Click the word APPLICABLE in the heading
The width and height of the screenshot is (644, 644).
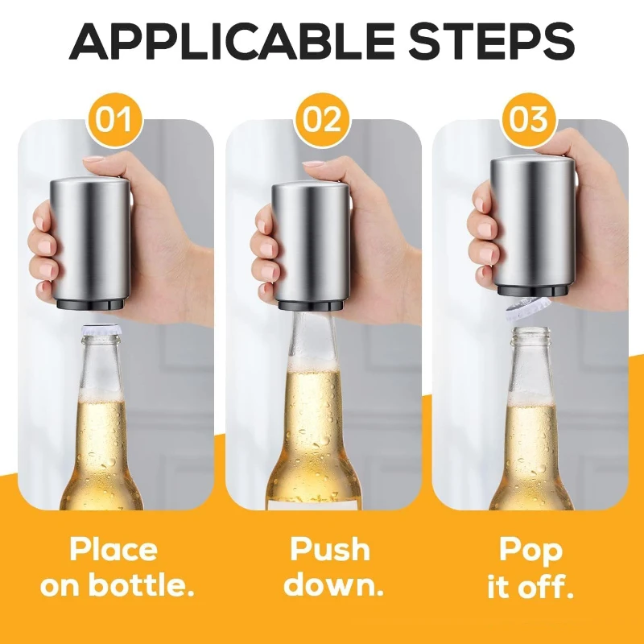coord(233,42)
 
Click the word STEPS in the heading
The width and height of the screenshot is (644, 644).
coord(492,42)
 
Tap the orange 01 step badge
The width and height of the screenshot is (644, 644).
coord(114,120)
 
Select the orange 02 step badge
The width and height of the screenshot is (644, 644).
coord(322,120)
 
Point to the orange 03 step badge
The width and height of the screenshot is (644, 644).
coord(529,120)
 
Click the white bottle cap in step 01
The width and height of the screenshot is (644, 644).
coord(101,330)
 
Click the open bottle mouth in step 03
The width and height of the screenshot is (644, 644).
coord(532,331)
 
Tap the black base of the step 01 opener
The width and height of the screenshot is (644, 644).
coord(90,304)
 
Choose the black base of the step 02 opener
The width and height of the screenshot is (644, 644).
coord(311,305)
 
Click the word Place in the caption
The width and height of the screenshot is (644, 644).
coord(114,551)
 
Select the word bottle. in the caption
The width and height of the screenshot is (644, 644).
coord(142,585)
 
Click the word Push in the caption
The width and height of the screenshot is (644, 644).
coord(330,549)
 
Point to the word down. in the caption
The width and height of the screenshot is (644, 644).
coord(333,585)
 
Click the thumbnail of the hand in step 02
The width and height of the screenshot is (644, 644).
coord(314,163)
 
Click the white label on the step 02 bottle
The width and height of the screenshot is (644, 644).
coord(314,506)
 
